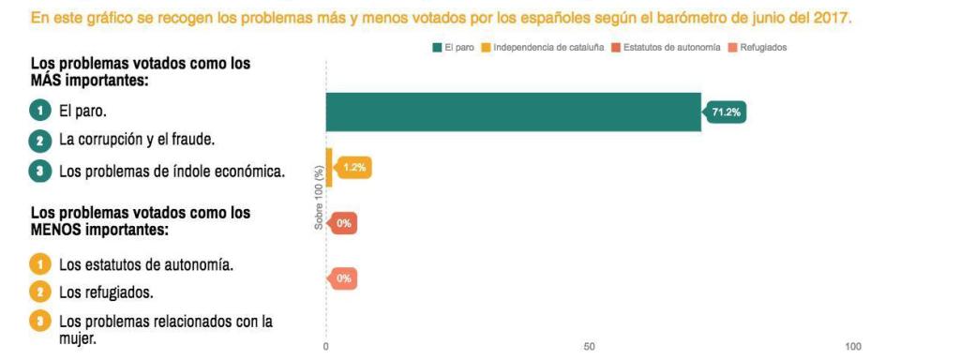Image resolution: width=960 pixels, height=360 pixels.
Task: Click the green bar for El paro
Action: click(x=513, y=112)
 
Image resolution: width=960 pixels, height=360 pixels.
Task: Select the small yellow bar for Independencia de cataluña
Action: click(x=328, y=168)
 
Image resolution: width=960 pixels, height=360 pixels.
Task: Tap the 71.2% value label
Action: click(x=727, y=112)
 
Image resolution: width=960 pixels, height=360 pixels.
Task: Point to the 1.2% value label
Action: click(x=354, y=168)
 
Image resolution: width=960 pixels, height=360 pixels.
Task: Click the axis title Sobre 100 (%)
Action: click(x=319, y=198)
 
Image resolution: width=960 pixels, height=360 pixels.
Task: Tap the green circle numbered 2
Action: click(x=39, y=141)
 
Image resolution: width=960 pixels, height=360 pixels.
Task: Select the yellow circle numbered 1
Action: click(x=39, y=264)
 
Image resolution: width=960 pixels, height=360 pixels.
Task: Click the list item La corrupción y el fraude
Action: click(x=137, y=141)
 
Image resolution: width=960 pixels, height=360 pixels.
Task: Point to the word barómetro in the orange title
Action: click(x=699, y=19)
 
